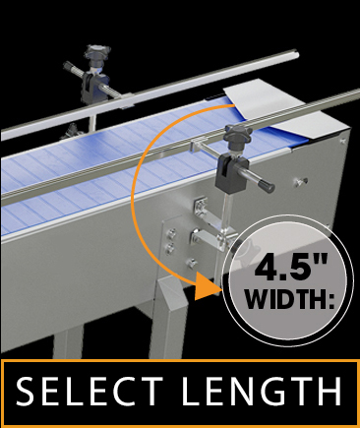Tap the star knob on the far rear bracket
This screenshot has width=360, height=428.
[98, 51]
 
